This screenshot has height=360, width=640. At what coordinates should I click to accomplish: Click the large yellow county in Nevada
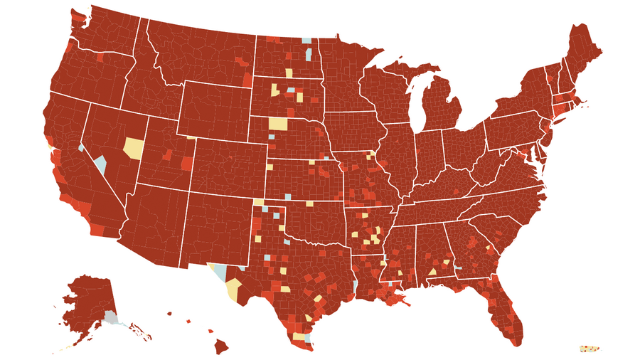click(133, 148)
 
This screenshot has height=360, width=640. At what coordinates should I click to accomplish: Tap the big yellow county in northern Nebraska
click(278, 123)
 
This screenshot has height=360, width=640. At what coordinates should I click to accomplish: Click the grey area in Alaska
click(110, 317)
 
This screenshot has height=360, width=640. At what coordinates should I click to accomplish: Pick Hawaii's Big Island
click(222, 346)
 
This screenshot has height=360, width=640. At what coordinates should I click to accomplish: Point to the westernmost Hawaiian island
click(169, 313)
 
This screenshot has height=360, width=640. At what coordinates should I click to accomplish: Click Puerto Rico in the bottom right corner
click(590, 349)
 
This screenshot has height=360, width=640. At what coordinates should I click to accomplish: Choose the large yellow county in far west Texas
click(233, 289)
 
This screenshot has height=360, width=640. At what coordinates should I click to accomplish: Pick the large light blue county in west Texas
click(221, 272)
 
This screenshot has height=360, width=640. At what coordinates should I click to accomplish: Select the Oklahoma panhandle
click(274, 202)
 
